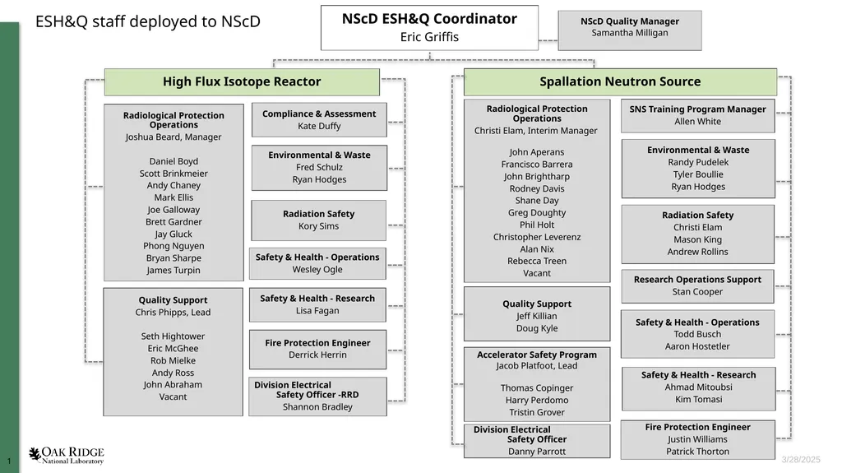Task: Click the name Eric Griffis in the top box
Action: click(x=429, y=37)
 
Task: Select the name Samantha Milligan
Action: click(x=630, y=33)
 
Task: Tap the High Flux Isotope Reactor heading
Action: click(x=242, y=81)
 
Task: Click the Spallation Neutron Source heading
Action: click(x=620, y=81)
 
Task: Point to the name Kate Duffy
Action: click(x=320, y=127)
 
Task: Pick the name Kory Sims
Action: click(x=318, y=226)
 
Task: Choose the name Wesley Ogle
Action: click(x=317, y=269)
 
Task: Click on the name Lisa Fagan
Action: click(x=317, y=311)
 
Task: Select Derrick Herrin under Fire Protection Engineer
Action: click(x=317, y=355)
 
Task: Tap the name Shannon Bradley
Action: click(x=317, y=407)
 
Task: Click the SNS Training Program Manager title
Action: click(x=697, y=109)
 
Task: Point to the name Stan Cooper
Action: click(x=697, y=292)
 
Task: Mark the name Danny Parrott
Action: click(x=537, y=452)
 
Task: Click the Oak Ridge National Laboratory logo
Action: click(x=67, y=455)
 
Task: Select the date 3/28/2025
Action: click(x=801, y=460)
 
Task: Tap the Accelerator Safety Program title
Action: click(x=537, y=355)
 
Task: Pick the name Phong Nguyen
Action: click(x=173, y=246)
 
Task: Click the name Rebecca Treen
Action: click(x=537, y=262)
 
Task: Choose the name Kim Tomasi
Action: click(x=699, y=399)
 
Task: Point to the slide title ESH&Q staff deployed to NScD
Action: click(x=148, y=21)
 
